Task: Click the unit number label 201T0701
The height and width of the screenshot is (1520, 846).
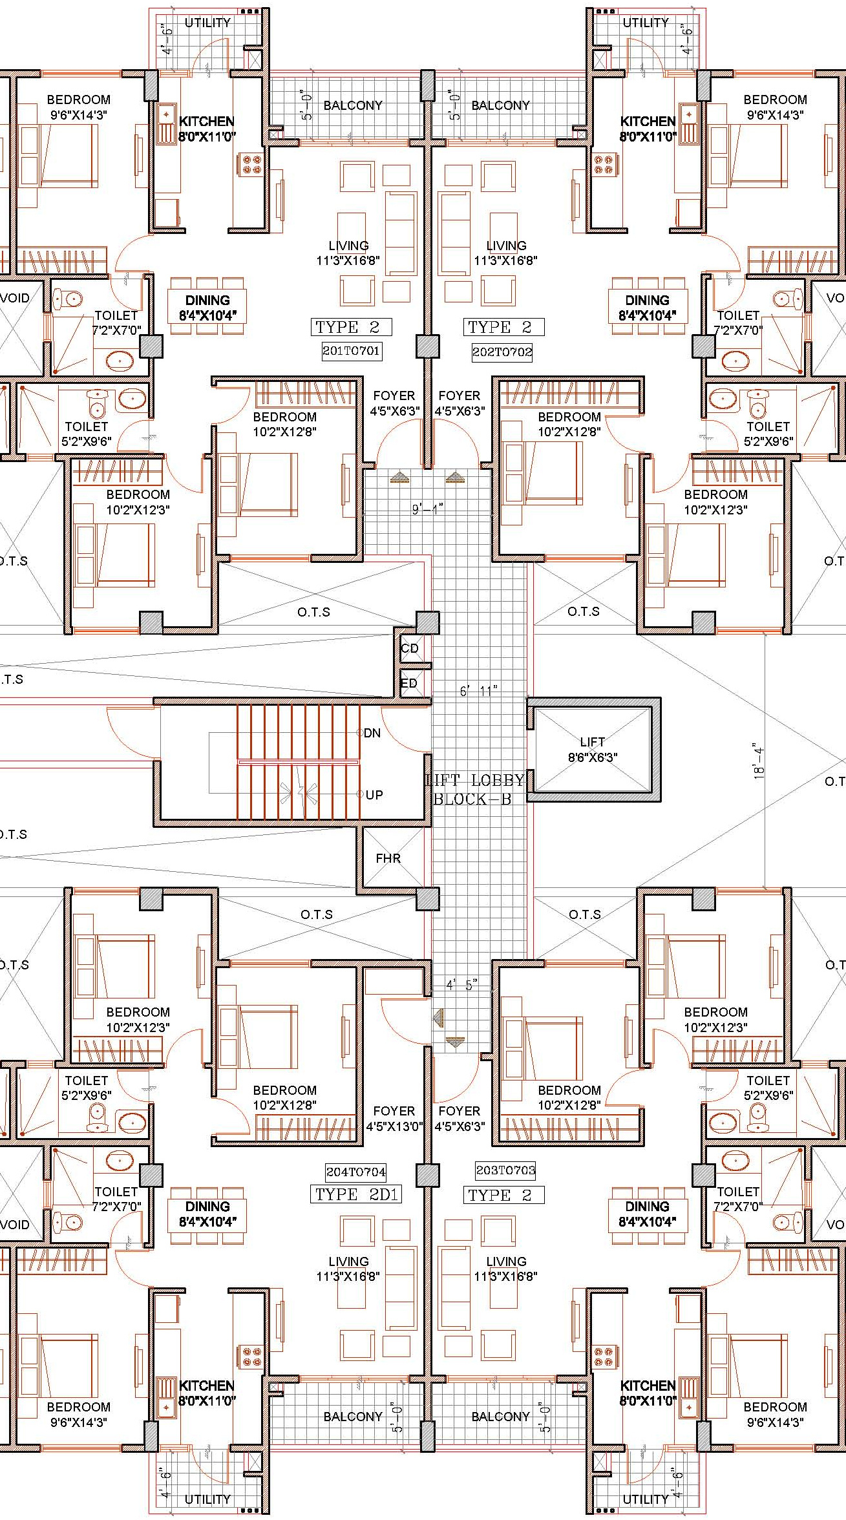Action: pos(352,351)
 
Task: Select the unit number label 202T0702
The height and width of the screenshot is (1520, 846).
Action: pos(502,352)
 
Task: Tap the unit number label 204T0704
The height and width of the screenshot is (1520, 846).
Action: pos(356,1172)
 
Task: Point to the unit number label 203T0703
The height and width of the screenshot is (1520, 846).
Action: pos(505,1170)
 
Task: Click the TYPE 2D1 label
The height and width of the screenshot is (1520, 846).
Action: pos(357,1194)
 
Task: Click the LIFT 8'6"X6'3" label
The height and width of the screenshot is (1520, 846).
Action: pos(593,750)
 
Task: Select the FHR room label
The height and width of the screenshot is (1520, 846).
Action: pos(388,858)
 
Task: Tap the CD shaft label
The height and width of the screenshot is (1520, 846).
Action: pos(410,648)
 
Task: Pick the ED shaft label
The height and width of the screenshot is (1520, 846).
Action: pos(409,683)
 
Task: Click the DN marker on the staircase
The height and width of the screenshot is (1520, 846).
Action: pos(372,733)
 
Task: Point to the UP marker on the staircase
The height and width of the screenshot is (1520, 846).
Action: pos(374,795)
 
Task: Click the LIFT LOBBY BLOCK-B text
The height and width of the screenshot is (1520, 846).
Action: pos(474,790)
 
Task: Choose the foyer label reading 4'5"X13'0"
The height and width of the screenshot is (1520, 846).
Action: pos(394,1126)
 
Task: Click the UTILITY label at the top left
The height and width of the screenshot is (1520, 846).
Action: pos(207,23)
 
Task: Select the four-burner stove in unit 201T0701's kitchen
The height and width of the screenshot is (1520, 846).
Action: pos(252,164)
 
